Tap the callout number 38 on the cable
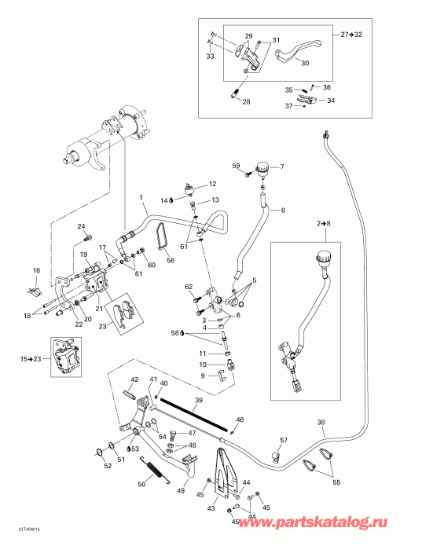pos(321,423)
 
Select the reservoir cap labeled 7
pos(261,168)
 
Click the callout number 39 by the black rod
pos(199,401)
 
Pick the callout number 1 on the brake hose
pos(141,196)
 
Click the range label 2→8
pos(325,224)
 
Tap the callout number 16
pos(35,271)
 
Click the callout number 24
pos(80,227)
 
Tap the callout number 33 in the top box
pos(210,57)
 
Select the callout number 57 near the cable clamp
pos(284,440)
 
